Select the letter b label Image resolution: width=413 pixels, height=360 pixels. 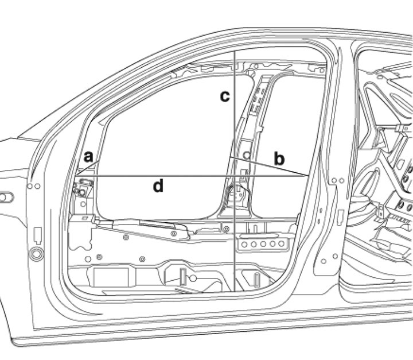tap(279, 159)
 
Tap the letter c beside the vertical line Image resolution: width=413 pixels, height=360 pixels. tap(225, 96)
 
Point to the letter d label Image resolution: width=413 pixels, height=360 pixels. tap(158, 185)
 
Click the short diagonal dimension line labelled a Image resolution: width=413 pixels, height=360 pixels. tap(88, 168)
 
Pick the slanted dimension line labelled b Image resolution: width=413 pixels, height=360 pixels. tap(269, 166)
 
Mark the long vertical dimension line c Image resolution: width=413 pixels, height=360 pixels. tap(235, 172)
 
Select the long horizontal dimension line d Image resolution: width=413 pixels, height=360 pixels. tap(193, 175)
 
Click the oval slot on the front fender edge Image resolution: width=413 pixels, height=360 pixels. tap(6, 198)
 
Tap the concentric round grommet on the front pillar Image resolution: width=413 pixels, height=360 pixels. tap(36, 254)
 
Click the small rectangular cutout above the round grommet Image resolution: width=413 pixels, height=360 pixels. tap(38, 235)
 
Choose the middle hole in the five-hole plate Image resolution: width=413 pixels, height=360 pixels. tap(263, 244)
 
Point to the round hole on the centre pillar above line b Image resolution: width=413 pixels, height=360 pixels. tap(247, 156)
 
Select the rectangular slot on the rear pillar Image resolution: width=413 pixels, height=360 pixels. tap(341, 217)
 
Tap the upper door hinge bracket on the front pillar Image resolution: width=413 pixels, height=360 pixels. tap(83, 187)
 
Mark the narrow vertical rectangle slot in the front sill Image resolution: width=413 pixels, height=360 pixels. tap(183, 276)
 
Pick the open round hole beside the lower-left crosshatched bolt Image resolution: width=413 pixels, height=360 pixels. tap(88, 259)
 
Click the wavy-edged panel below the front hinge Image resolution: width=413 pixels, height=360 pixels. tap(80, 233)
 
